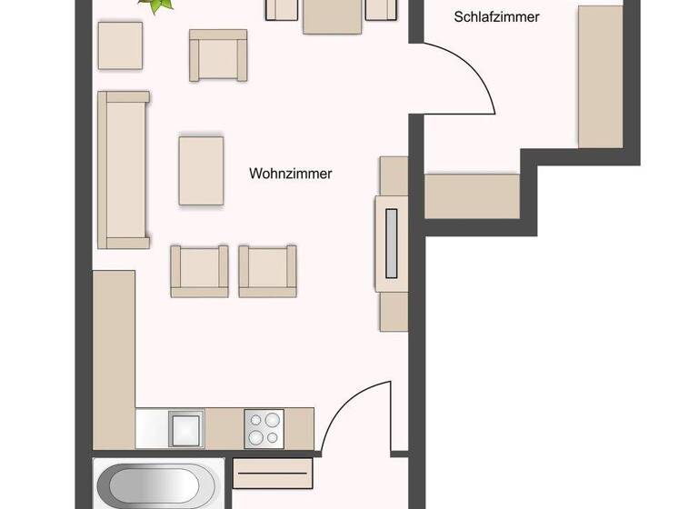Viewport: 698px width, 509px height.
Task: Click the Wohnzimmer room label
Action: (290, 173)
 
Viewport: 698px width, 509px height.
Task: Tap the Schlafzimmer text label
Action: (496, 16)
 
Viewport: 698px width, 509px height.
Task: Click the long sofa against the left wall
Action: (123, 169)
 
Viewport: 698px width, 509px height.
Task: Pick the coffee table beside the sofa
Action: (201, 170)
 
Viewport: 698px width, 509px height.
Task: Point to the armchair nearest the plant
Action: (218, 55)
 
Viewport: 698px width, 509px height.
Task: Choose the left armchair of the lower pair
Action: (199, 270)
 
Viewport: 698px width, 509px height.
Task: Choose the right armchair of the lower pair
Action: (267, 270)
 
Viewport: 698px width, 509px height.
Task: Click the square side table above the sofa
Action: (120, 45)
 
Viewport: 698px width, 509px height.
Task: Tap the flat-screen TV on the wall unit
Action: (392, 243)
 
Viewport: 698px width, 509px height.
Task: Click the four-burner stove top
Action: (264, 427)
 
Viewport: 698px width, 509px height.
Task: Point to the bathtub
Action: (157, 485)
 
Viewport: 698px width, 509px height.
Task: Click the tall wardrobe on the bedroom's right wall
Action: (600, 77)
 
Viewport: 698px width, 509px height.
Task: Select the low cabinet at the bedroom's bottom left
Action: (472, 196)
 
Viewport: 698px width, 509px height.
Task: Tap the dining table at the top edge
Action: (333, 14)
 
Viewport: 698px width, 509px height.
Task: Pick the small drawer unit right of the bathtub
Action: (273, 473)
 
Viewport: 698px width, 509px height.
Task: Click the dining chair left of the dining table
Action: (283, 9)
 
